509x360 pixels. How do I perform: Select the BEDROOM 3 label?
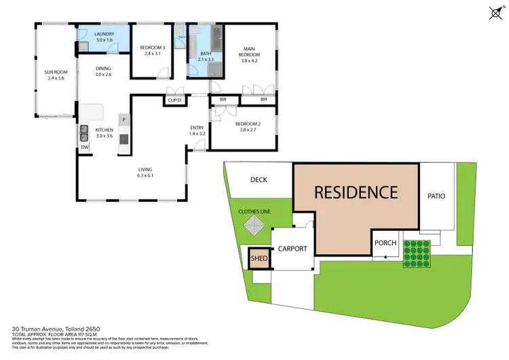[153, 48]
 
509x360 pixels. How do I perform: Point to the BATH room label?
[204, 54]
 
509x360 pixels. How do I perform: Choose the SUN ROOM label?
[54, 71]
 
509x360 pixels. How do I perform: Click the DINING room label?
[102, 68]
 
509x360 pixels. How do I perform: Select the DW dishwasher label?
[84, 147]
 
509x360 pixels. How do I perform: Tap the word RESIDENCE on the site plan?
[356, 192]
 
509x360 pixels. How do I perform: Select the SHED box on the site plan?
[259, 258]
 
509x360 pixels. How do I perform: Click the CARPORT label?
[293, 249]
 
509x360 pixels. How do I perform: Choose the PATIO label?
[436, 196]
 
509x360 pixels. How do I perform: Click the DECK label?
[259, 180]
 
